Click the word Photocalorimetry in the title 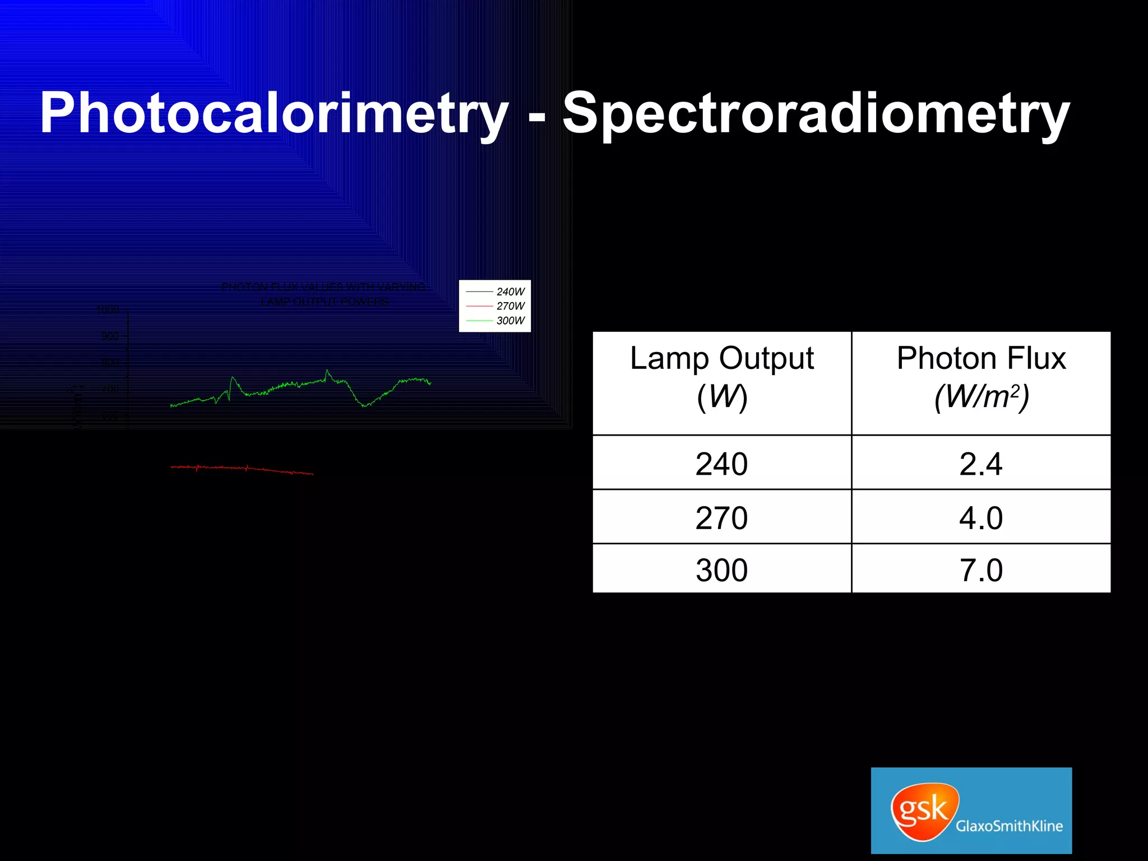(x=274, y=114)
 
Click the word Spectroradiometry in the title (x=816, y=114)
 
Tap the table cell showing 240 (x=721, y=464)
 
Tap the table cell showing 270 (x=721, y=517)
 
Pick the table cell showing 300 (x=721, y=570)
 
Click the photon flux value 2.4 (x=981, y=464)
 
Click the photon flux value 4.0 (x=981, y=517)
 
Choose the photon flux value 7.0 (x=981, y=570)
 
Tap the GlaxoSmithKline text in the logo (x=1009, y=826)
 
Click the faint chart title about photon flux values (x=324, y=294)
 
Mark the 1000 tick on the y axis (x=108, y=309)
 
